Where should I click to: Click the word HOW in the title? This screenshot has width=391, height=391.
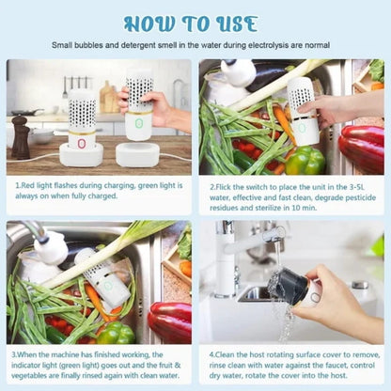tap(148, 23)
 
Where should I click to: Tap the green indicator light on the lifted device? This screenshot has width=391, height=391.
tap(139, 122)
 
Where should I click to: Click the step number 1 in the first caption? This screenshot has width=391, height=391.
tap(17, 187)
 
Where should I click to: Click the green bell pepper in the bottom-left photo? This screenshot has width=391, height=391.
tap(116, 332)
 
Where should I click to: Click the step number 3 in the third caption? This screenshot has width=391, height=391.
tap(17, 354)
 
